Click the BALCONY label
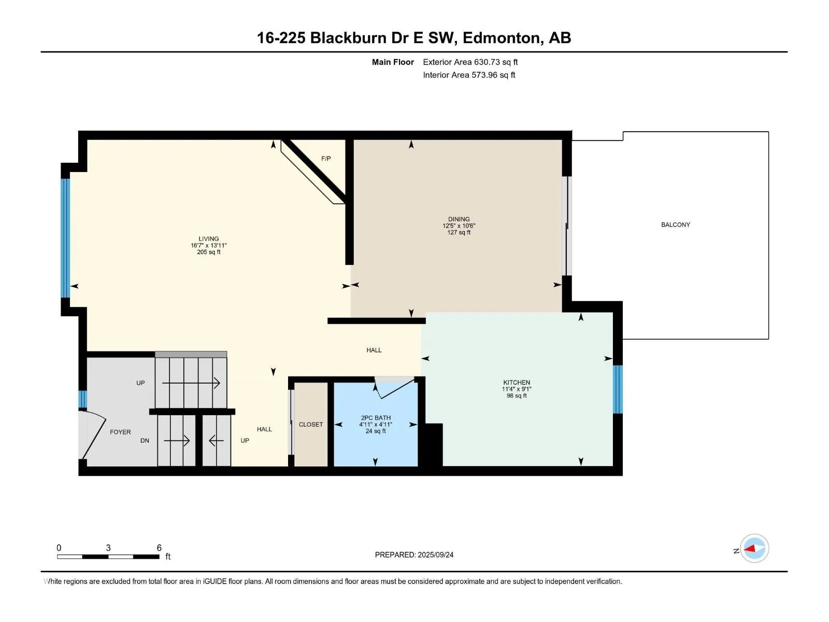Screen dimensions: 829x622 [x=675, y=225]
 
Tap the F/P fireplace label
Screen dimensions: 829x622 [x=326, y=159]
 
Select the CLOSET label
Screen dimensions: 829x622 [x=311, y=425]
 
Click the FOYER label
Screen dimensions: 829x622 [x=120, y=432]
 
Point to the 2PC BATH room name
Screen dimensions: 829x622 [x=376, y=418]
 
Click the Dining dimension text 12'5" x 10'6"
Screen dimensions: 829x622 [x=459, y=226]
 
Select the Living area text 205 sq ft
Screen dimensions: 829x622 [x=208, y=252]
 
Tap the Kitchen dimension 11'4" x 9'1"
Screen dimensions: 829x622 [x=517, y=389]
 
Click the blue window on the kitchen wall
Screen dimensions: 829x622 [x=618, y=389]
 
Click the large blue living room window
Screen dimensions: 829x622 [x=65, y=238]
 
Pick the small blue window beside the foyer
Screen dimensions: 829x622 [x=82, y=400]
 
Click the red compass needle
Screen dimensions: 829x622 [x=749, y=548]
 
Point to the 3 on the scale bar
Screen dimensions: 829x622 [x=108, y=547]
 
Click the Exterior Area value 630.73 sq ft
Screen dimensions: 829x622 [x=496, y=62]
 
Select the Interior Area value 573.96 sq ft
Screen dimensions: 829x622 [x=493, y=75]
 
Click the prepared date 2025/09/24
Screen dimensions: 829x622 [x=435, y=555]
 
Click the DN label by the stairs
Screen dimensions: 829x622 [x=145, y=441]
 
